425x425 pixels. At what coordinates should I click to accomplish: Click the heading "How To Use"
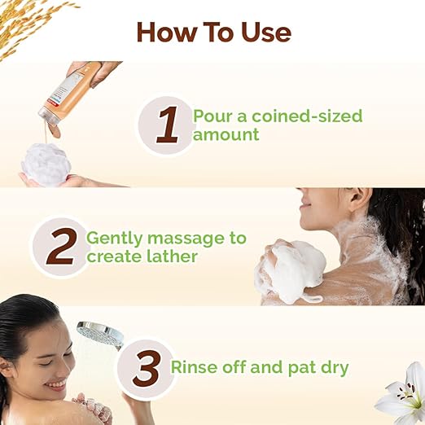[213, 32]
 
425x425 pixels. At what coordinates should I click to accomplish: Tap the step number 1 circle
[167, 125]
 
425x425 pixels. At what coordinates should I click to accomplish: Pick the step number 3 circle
[146, 369]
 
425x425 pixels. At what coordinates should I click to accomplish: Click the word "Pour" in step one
[210, 115]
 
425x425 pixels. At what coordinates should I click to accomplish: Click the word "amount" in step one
[226, 134]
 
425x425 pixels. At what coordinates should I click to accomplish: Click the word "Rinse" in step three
[195, 367]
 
